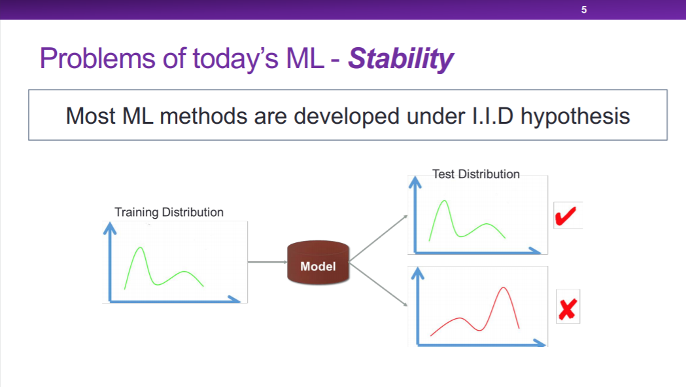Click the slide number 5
pos(583,10)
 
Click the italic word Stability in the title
pos(400,59)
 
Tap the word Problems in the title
pos(97,58)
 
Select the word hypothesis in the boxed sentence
pos(575,117)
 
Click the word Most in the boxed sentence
pos(90,116)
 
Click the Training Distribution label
pos(169,212)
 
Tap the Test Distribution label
pos(476,174)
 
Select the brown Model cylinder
pos(318,262)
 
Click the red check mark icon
pos(566,216)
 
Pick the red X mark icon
pos(568,308)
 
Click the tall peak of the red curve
pos(504,288)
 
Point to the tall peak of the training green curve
pos(140,248)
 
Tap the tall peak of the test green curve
pos(445,201)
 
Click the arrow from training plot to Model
pos(267,262)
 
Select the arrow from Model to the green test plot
pos(379,238)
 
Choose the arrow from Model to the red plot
pos(379,284)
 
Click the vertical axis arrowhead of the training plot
pos(110,228)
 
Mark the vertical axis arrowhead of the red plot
pos(418,273)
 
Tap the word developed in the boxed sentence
pos(347,117)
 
